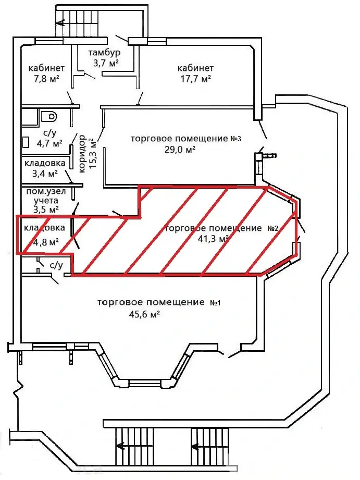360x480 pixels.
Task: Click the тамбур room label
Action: (x=104, y=53)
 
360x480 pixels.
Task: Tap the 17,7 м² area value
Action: (x=195, y=79)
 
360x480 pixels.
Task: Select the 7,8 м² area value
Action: (x=46, y=79)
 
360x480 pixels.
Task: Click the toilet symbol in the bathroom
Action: (x=49, y=116)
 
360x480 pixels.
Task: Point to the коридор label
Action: (x=82, y=154)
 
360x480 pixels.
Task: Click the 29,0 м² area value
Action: (x=180, y=150)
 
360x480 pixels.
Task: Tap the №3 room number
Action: (x=235, y=139)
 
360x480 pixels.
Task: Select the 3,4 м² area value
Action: (x=45, y=174)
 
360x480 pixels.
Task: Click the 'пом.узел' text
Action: (x=46, y=192)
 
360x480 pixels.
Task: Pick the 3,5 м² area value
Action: (x=46, y=210)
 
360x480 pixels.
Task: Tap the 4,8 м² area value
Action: (x=46, y=242)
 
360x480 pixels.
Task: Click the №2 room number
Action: (x=273, y=228)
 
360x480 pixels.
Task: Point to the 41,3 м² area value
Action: (x=214, y=239)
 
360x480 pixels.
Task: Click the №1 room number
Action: (x=215, y=303)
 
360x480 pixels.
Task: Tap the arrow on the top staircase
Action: (x=60, y=22)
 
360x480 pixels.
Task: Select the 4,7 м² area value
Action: (x=49, y=143)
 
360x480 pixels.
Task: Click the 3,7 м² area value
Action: (x=106, y=63)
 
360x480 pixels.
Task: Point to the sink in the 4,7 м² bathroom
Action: (x=26, y=142)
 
